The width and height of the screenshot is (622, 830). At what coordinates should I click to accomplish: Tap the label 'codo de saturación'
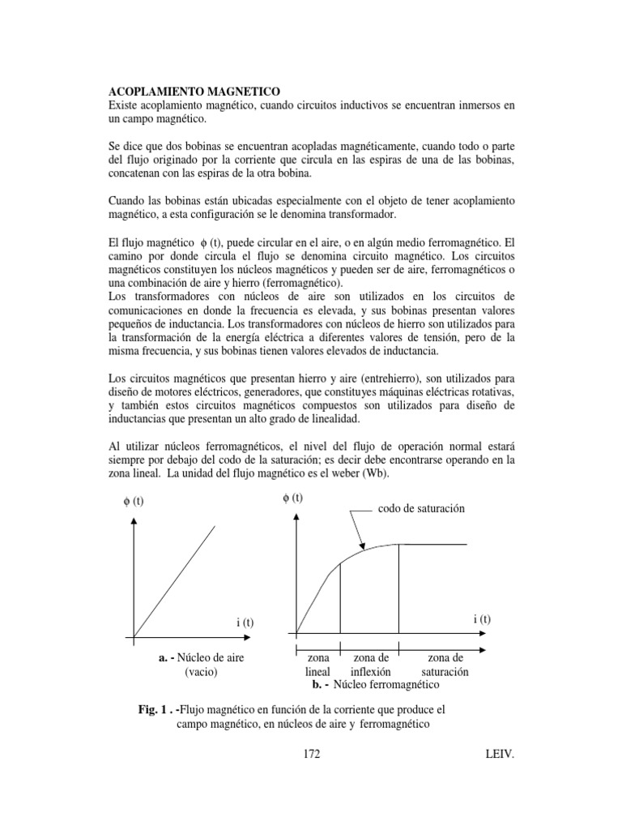click(x=422, y=509)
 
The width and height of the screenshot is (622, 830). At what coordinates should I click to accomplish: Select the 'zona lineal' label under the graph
click(x=317, y=665)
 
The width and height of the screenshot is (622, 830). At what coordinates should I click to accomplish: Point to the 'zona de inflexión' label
click(x=370, y=665)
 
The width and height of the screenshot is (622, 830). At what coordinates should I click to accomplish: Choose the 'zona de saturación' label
click(x=445, y=665)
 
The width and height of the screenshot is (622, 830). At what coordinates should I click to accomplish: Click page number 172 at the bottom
click(x=312, y=755)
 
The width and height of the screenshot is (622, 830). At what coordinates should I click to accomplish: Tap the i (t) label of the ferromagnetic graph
click(x=483, y=618)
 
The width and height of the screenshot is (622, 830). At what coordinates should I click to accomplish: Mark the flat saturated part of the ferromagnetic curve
click(x=433, y=544)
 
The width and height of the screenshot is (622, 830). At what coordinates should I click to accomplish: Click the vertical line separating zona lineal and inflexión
click(x=340, y=598)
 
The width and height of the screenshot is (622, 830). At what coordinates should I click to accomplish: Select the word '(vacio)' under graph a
click(x=201, y=672)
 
